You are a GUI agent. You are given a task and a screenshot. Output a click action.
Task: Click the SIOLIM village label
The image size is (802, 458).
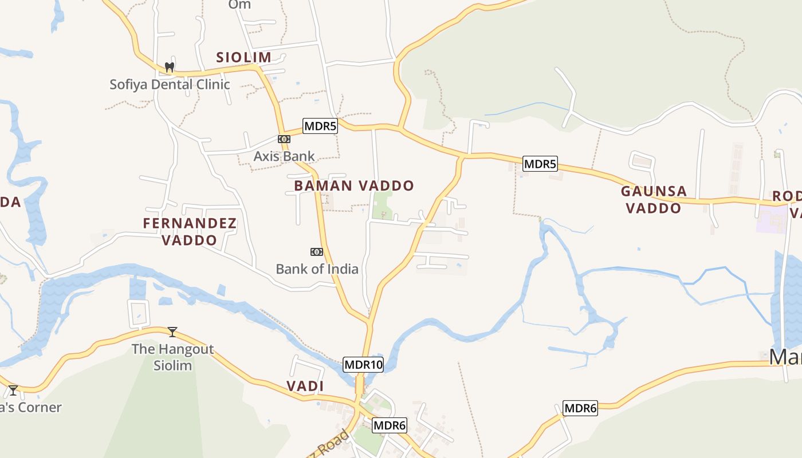(243, 57)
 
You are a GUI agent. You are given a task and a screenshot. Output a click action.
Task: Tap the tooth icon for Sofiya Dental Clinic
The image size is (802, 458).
(169, 67)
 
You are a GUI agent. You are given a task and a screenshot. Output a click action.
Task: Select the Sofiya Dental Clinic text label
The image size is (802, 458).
(170, 84)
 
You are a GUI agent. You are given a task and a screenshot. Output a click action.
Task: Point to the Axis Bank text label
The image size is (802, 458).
(284, 156)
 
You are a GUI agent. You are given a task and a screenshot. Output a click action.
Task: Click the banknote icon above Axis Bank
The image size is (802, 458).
(284, 139)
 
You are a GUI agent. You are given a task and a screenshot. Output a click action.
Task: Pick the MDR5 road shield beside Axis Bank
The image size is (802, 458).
(320, 126)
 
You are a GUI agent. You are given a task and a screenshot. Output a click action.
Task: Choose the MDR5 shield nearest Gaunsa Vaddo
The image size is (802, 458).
(540, 164)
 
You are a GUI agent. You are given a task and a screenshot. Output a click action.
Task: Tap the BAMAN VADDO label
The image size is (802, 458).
(353, 185)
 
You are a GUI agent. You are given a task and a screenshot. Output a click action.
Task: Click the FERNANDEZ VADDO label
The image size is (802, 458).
(190, 231)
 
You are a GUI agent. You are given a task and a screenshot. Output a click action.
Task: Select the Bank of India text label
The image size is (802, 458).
(317, 269)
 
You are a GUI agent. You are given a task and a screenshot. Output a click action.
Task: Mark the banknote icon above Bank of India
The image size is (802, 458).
(316, 251)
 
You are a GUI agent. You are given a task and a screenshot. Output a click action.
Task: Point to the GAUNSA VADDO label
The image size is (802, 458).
(654, 199)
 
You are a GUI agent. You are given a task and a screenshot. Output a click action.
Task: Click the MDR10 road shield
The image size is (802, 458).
(363, 364)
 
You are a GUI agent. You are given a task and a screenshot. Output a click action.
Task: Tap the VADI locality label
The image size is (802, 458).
(305, 386)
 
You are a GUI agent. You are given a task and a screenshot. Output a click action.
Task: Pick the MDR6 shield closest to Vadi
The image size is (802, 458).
(390, 425)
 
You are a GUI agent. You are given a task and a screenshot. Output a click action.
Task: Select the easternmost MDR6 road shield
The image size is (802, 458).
(580, 408)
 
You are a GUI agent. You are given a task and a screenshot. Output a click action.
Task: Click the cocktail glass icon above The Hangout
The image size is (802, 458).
(172, 331)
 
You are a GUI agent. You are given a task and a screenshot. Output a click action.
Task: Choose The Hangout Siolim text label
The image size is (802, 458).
(172, 357)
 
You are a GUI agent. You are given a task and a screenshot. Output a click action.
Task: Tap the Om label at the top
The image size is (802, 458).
(239, 5)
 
